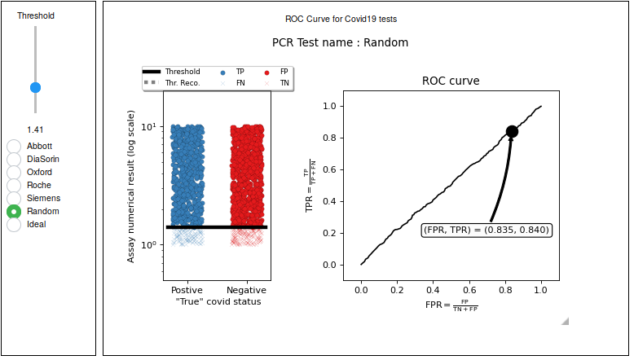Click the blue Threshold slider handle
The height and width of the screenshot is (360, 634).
tap(35, 87)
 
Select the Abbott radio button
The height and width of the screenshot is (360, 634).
tap(14, 147)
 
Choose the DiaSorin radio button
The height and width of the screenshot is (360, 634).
tap(14, 160)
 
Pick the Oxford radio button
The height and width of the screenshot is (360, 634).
tap(14, 173)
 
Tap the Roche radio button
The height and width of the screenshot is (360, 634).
tap(14, 186)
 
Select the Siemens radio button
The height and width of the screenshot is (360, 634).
tap(14, 199)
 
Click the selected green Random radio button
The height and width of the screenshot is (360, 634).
tap(14, 212)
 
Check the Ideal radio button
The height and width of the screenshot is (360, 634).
tap(14, 225)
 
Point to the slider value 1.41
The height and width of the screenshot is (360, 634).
tap(35, 130)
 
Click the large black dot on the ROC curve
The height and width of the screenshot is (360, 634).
tap(512, 131)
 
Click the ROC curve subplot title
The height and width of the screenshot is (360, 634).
tap(451, 81)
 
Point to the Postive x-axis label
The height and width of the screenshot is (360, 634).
tap(187, 290)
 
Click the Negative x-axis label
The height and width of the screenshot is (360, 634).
tap(246, 290)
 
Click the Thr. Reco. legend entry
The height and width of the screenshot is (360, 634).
tap(177, 83)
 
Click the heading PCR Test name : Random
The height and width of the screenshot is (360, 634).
tap(340, 42)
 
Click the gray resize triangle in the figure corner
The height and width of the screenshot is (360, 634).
tap(565, 321)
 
